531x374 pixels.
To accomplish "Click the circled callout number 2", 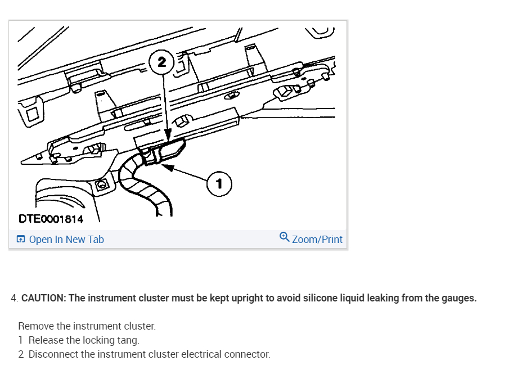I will pos(163,62).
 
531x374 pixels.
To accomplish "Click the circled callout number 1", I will pos(219,184).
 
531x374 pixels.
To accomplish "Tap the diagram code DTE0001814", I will pos(51,219).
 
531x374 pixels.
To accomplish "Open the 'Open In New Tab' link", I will pos(66,240).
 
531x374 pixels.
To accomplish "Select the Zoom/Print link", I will pos(317,240).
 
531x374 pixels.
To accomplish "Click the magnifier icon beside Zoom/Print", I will pos(285,238).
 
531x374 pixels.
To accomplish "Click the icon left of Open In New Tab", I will pos(21,240).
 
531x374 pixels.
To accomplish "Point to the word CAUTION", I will pos(43,298).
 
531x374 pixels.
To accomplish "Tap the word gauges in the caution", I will pos(458,298).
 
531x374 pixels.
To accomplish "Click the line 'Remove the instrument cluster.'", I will pos(87,326).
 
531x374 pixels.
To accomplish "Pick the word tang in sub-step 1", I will pos(128,340).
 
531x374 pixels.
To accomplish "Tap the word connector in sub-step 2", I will pos(247,354).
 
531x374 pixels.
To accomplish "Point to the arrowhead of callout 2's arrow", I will pos(168,137).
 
